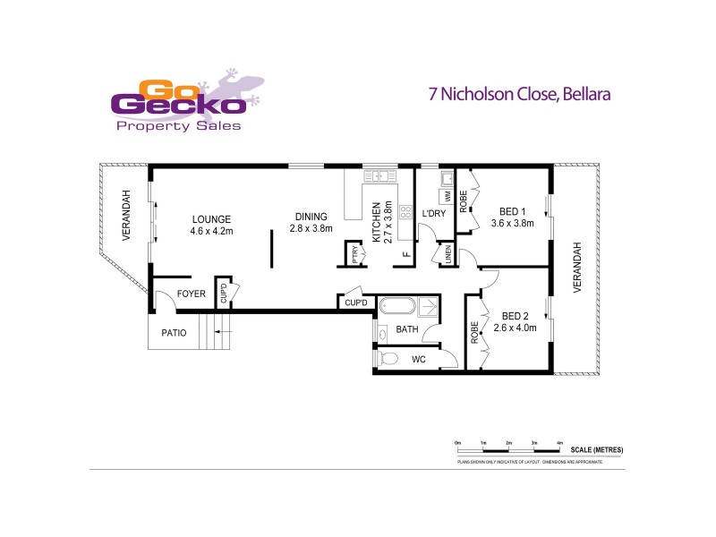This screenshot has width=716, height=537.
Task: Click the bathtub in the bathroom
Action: point(395,307)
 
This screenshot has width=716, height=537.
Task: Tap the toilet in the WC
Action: point(388,358)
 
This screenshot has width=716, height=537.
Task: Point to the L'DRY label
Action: point(433,214)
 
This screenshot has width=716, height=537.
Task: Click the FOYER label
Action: point(191,294)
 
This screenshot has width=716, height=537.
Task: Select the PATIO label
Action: point(173,333)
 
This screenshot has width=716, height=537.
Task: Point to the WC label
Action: point(418,360)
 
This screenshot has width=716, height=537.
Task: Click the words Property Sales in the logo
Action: point(179,127)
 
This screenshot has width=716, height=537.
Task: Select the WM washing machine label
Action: point(444,196)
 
